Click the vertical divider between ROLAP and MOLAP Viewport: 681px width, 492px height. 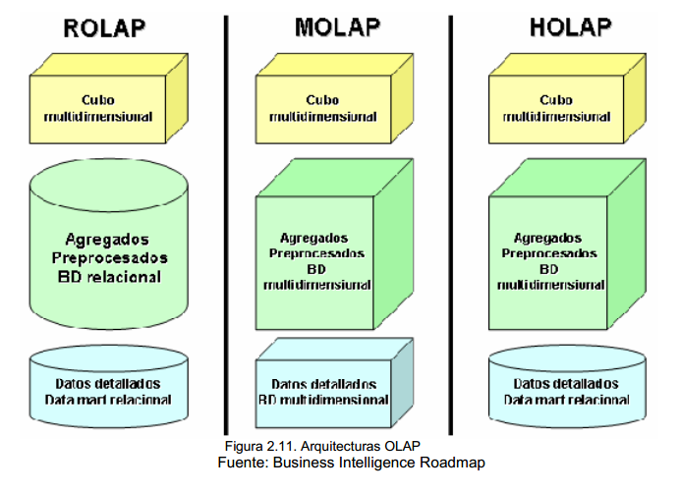pyautogui.click(x=225, y=226)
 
